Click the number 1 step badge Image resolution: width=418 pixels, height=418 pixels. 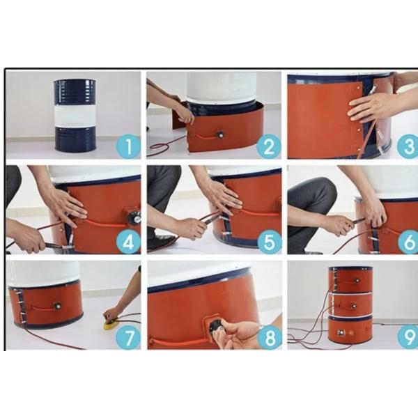pos(128,146)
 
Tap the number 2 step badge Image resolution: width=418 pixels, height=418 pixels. pos(269,146)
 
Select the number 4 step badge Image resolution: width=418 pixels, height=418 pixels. pos(128,242)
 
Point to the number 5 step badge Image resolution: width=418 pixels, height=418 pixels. pos(269,242)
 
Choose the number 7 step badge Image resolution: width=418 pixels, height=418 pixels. pos(128,337)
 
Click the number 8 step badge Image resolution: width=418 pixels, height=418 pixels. pos(270,337)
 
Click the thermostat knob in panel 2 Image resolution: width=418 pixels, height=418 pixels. pos(220,134)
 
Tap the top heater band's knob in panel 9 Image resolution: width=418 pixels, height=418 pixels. pos(355,281)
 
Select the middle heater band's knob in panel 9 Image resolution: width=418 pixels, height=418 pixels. pos(353,306)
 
